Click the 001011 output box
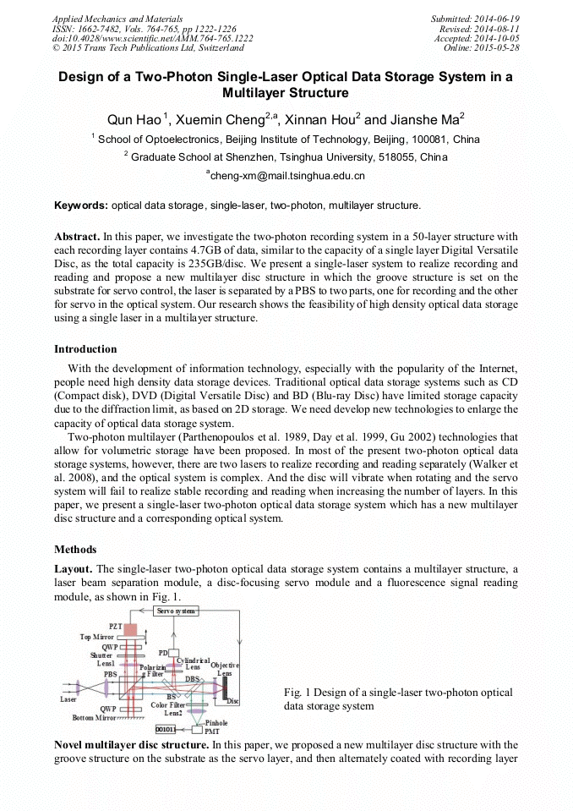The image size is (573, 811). click(166, 728)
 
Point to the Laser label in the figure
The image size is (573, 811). click(68, 699)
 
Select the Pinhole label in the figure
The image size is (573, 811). click(216, 723)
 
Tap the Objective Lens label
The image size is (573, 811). click(224, 669)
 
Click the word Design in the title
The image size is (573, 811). click(82, 76)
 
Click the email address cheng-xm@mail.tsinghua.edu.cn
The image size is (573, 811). click(286, 177)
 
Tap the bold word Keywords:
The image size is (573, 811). click(81, 205)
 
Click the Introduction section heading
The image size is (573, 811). click(85, 349)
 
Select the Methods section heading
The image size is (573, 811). click(75, 550)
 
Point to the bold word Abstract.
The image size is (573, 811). click(77, 237)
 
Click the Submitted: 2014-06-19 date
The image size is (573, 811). click(475, 18)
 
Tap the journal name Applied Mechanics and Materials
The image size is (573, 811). click(119, 18)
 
